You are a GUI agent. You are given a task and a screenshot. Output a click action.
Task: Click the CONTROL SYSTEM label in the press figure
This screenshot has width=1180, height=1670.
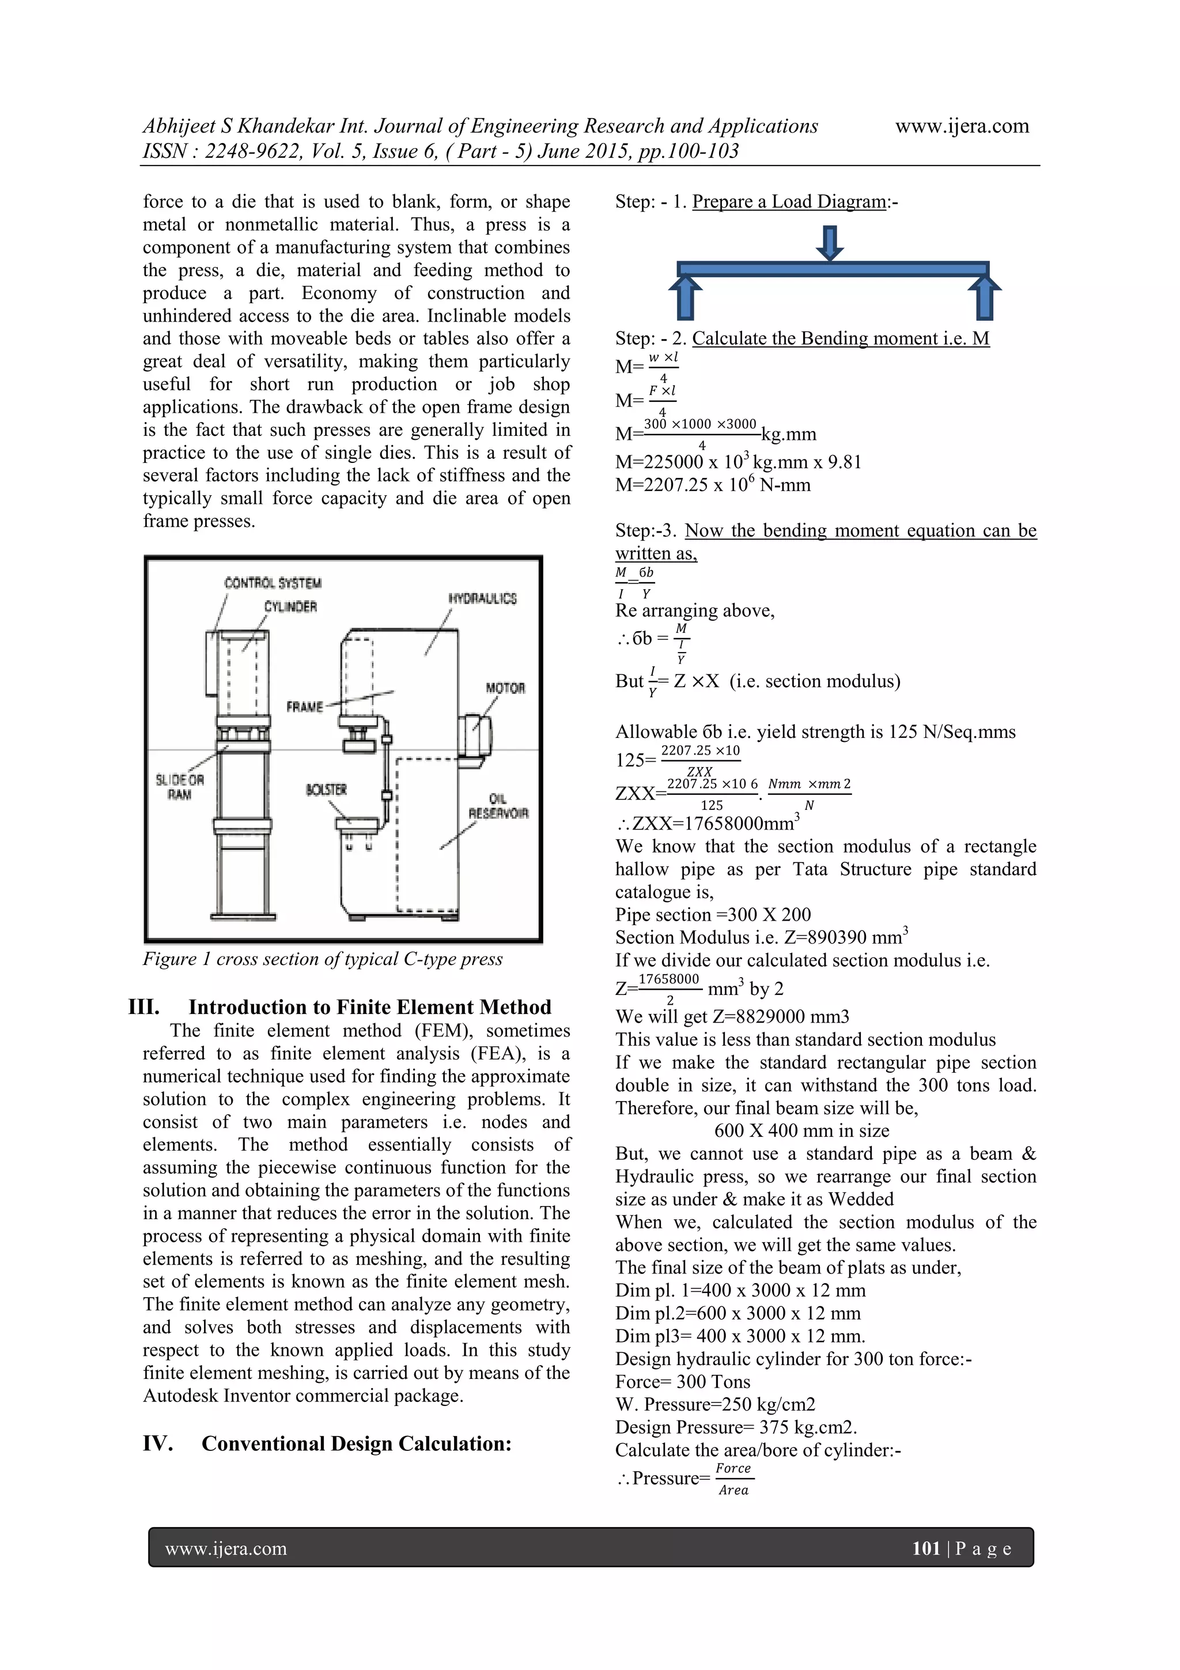pos(273,583)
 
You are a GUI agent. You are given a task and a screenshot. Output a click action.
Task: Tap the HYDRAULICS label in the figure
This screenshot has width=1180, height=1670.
pos(482,598)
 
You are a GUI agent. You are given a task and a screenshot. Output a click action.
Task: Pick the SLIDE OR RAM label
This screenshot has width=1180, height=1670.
pos(180,787)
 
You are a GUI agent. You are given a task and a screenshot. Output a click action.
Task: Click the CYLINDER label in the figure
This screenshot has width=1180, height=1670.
pos(290,606)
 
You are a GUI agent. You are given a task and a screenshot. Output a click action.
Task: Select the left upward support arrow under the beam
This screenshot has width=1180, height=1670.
pos(685,297)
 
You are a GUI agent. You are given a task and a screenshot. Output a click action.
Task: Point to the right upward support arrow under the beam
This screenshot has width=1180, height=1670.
pos(985,297)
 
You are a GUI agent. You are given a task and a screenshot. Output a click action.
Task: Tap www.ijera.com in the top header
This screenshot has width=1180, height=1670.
pos(961,126)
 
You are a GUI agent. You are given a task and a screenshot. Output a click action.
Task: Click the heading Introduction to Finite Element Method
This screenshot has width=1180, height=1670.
pos(369,1006)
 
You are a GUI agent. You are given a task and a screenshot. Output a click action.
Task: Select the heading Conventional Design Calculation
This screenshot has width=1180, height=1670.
pos(356,1443)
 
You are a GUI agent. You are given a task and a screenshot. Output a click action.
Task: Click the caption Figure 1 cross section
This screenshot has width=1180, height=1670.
pos(322,959)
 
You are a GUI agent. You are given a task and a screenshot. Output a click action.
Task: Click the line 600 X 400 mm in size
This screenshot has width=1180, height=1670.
pos(801,1130)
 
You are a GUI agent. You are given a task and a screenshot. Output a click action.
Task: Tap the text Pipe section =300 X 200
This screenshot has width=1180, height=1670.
pos(713,914)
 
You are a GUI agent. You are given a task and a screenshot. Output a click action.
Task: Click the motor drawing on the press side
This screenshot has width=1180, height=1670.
pos(475,736)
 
